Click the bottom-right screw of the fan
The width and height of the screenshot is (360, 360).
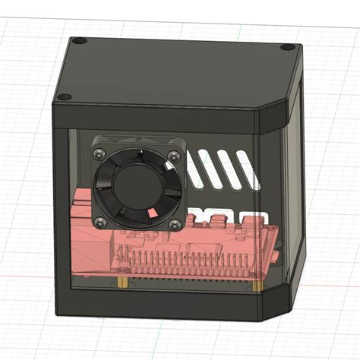click(x=175, y=224)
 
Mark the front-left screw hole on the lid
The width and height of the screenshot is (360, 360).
click(x=64, y=96)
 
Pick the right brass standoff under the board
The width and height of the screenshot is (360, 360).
click(x=261, y=286)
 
